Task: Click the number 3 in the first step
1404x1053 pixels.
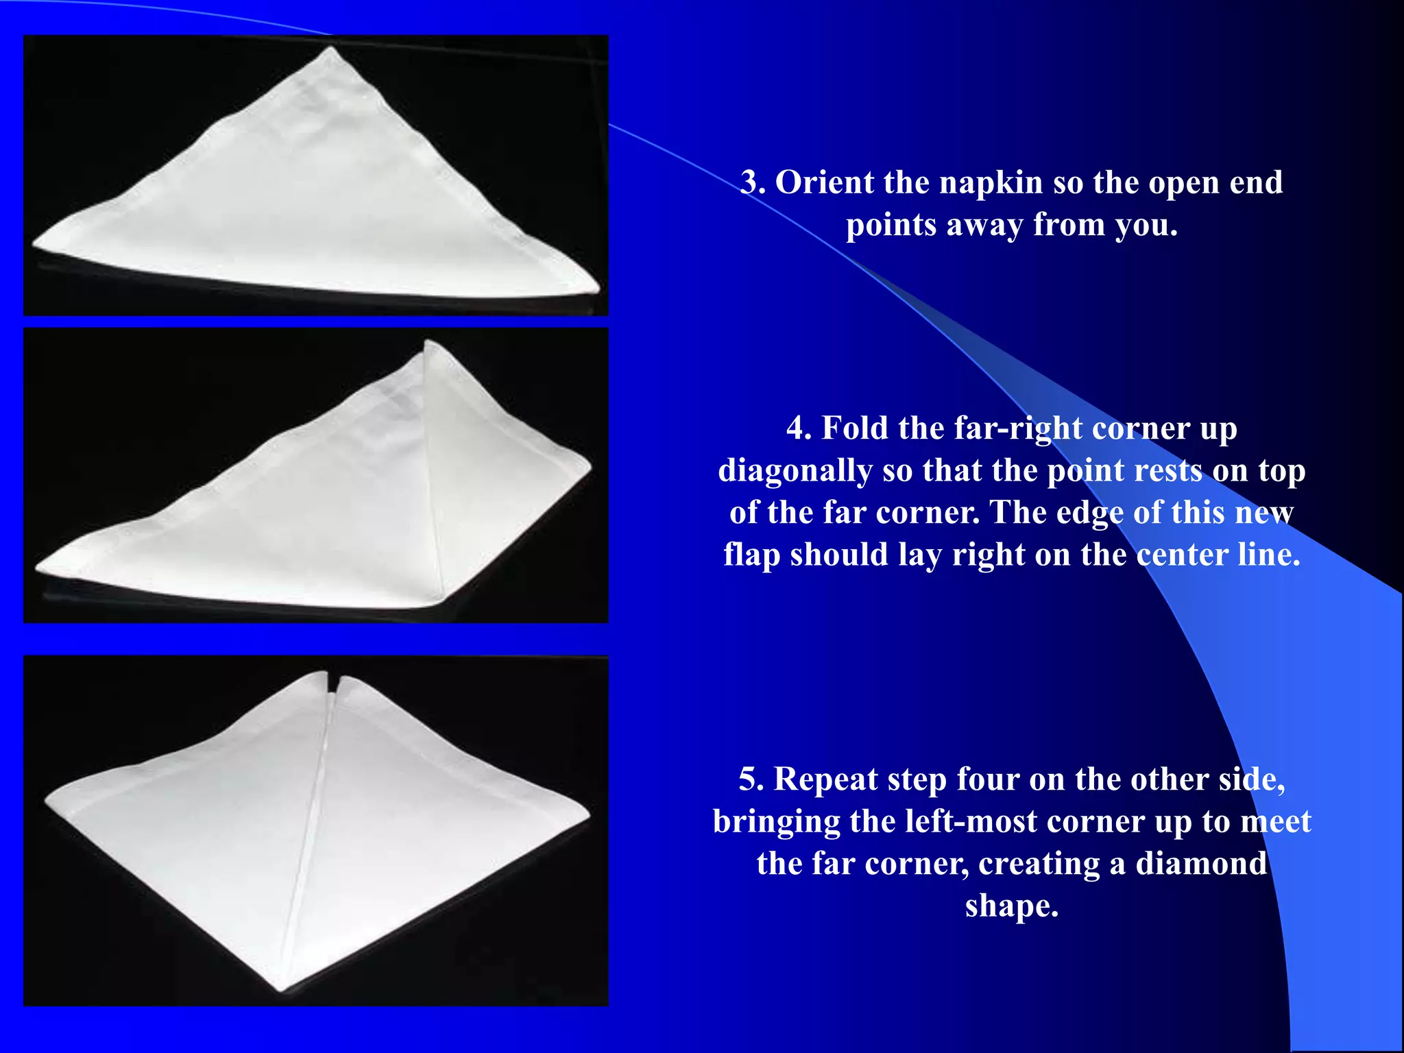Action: tap(751, 183)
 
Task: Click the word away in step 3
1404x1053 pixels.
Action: tap(984, 225)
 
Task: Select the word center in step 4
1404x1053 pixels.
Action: tap(1182, 555)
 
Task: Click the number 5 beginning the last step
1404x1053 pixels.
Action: tap(750, 780)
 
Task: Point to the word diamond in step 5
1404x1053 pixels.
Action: tap(1200, 864)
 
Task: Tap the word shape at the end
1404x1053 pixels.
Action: tap(1011, 906)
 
